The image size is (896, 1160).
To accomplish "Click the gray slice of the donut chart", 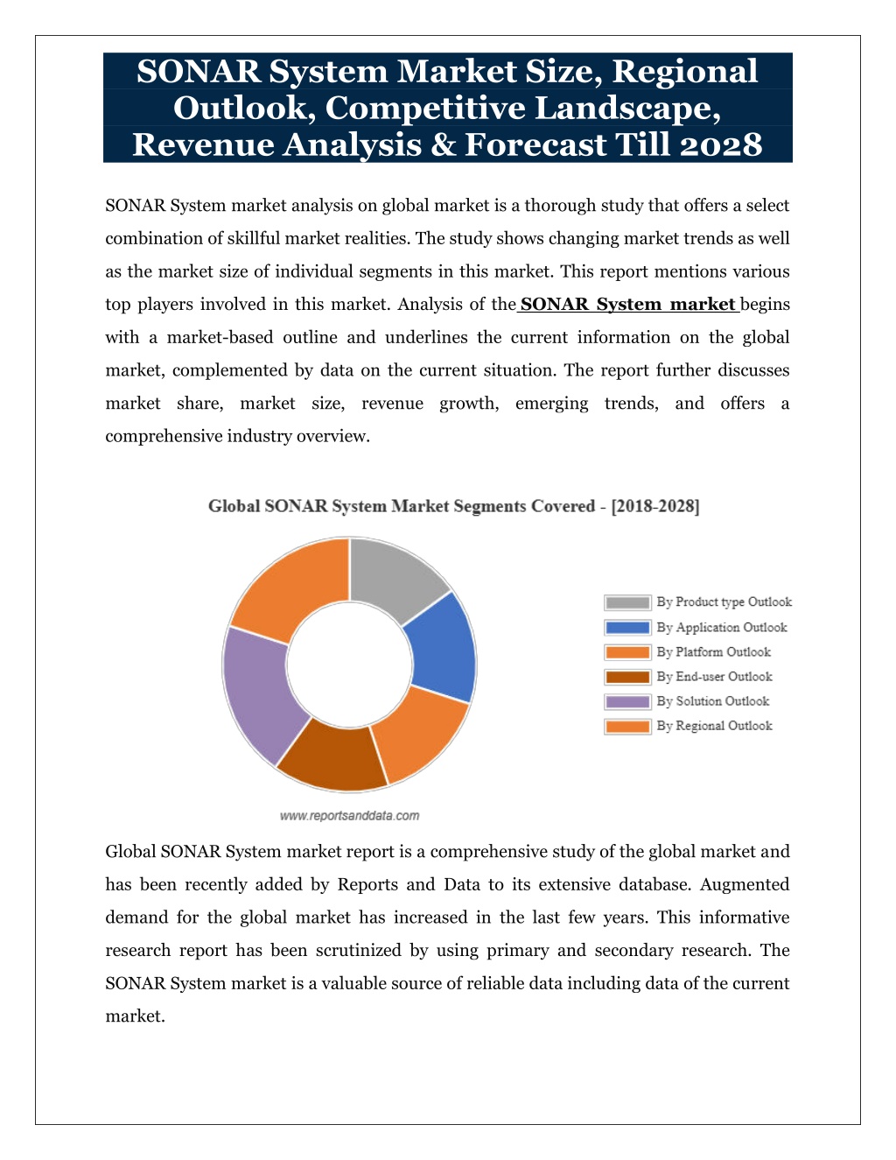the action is (x=395, y=578).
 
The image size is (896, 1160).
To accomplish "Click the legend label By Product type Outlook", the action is (x=724, y=602).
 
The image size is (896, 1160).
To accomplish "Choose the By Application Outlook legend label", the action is (x=722, y=627).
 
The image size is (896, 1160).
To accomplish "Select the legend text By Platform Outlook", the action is (x=714, y=652).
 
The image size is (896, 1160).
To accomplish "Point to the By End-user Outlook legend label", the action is (x=714, y=677).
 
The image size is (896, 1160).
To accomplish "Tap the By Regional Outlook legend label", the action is (x=714, y=726).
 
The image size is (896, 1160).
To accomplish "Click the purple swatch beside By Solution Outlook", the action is (x=627, y=701).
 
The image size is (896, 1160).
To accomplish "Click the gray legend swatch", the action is (x=627, y=602).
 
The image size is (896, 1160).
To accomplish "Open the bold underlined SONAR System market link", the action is (x=627, y=305).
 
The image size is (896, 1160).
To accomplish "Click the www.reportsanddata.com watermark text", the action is (x=349, y=816).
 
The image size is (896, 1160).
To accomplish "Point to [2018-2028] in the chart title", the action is (x=654, y=506).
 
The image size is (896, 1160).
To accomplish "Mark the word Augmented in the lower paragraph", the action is (x=745, y=884).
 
